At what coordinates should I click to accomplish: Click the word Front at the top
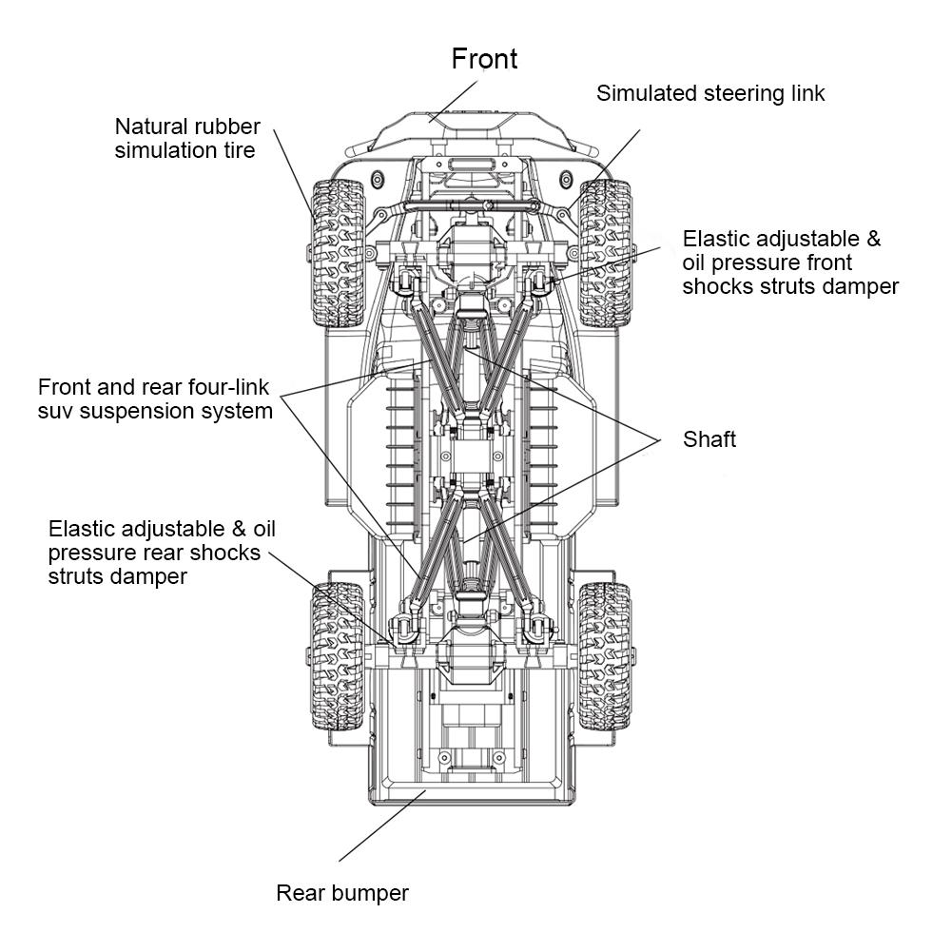(484, 59)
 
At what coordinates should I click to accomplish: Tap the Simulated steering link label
(710, 93)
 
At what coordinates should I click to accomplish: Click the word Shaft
(709, 439)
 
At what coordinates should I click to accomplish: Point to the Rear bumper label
(342, 893)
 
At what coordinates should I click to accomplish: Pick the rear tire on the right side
(604, 656)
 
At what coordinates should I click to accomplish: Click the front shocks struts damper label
(789, 262)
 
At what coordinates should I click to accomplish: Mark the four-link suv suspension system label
(155, 399)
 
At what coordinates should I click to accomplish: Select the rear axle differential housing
(473, 654)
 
